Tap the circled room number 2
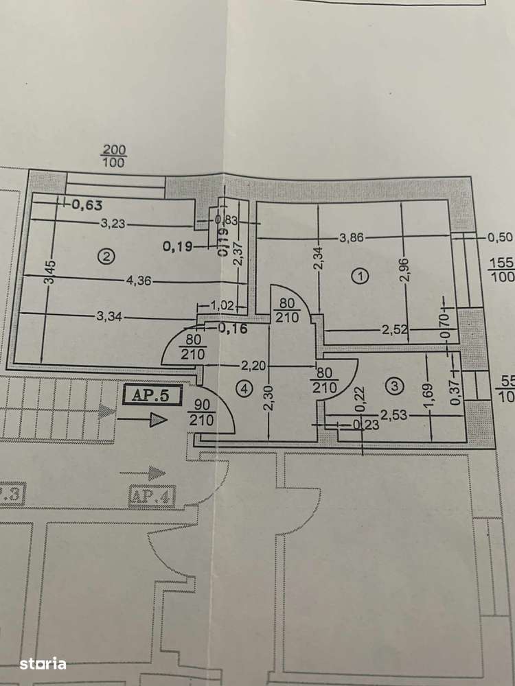105,257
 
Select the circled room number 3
393,387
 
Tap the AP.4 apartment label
149,495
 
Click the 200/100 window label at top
114,156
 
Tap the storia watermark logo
43,663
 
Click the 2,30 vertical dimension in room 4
268,396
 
